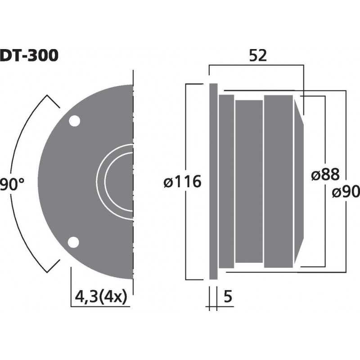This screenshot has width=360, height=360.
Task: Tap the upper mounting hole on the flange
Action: click(x=74, y=121)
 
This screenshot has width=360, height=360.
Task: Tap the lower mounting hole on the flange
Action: click(x=73, y=242)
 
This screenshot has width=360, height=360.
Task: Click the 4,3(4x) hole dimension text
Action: click(x=99, y=297)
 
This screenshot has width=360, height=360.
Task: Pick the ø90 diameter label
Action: click(x=346, y=192)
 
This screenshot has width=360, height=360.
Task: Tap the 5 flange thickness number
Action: click(x=228, y=297)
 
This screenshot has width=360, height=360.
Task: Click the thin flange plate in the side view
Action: click(x=213, y=182)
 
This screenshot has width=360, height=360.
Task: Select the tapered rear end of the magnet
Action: click(x=299, y=182)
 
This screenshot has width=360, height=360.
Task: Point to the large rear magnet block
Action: click(x=279, y=182)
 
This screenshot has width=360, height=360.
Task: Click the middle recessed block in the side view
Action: click(x=249, y=182)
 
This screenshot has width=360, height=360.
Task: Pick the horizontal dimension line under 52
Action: click(x=256, y=66)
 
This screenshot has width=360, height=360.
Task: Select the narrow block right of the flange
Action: click(x=226, y=182)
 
